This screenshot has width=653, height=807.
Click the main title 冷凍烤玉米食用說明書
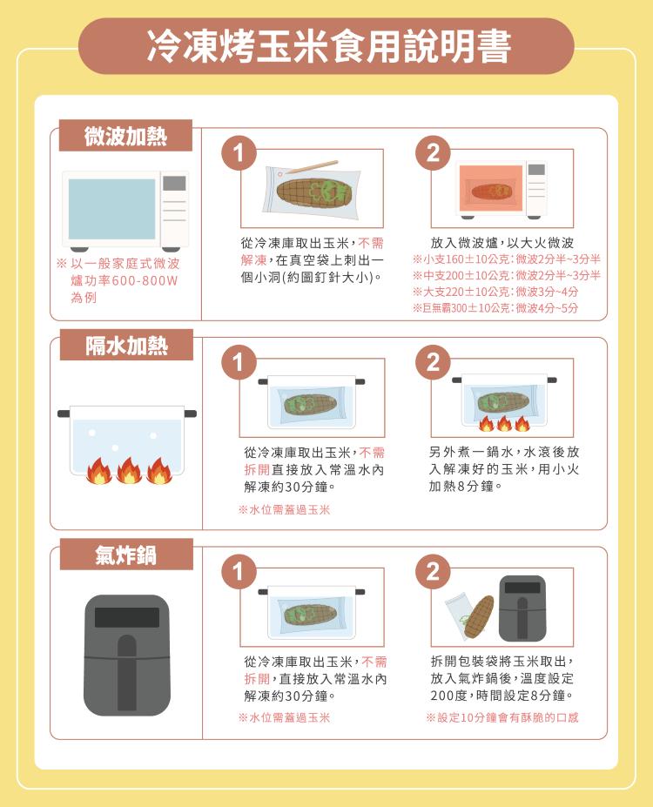pos(328,46)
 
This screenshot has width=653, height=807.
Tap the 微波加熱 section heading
pos(125,137)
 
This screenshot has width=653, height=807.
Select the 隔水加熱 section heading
pos(126,346)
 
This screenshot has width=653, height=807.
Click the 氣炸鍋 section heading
pos(125,555)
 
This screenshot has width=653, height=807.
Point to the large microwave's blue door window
pos(111,209)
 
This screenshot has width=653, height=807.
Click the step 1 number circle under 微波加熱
pos(239,153)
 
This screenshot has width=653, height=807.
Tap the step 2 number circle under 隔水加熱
pos(434,362)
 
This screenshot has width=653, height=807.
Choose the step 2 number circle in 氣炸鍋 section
pos(434,571)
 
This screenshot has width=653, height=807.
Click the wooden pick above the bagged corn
pos(312,167)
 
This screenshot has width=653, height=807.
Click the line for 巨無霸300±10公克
pos(495,308)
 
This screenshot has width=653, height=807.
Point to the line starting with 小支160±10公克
pos(507,259)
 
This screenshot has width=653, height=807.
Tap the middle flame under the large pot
pos(129,471)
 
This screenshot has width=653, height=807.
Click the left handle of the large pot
pos(64,414)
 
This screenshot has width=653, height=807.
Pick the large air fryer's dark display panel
pos(126,617)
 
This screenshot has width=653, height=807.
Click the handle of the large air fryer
pos(127,672)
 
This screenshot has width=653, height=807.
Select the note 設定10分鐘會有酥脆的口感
pos(502,717)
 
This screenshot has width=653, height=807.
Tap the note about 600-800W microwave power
pos(118,280)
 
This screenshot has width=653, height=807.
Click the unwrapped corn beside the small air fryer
pos(479,616)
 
